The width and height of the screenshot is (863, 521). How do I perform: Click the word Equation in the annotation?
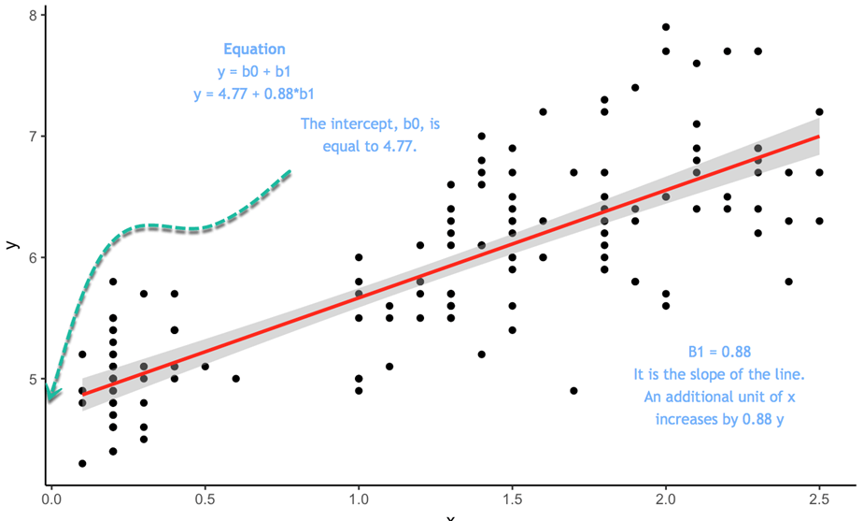pos(254,50)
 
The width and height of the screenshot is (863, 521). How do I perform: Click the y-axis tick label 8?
pos(34,15)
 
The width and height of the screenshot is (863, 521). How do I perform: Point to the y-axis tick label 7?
pos(34,137)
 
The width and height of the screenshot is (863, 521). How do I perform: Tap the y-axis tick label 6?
pos(34,258)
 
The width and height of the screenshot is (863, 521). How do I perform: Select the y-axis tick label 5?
pos(34,380)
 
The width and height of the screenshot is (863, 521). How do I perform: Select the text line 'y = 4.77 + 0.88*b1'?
pos(254,94)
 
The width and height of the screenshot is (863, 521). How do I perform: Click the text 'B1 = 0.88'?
pos(719,352)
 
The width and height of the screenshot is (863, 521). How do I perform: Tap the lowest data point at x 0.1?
pos(82,463)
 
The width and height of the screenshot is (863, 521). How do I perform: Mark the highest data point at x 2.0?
pos(666,27)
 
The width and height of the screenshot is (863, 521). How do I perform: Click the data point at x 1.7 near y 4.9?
pos(573,391)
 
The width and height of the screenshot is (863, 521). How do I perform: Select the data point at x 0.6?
pos(235,379)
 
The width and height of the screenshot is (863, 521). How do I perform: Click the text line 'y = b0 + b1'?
pos(254,71)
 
